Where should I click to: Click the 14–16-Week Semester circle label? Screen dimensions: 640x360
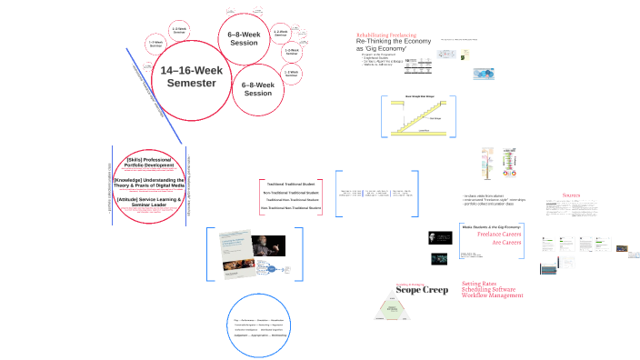[x=188, y=76]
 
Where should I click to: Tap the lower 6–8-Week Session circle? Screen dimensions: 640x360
[x=257, y=89]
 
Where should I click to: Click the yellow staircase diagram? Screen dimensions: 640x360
[x=423, y=115]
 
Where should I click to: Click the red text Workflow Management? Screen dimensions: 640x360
[x=493, y=295]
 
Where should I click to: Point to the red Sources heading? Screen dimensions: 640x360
[x=571, y=195]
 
